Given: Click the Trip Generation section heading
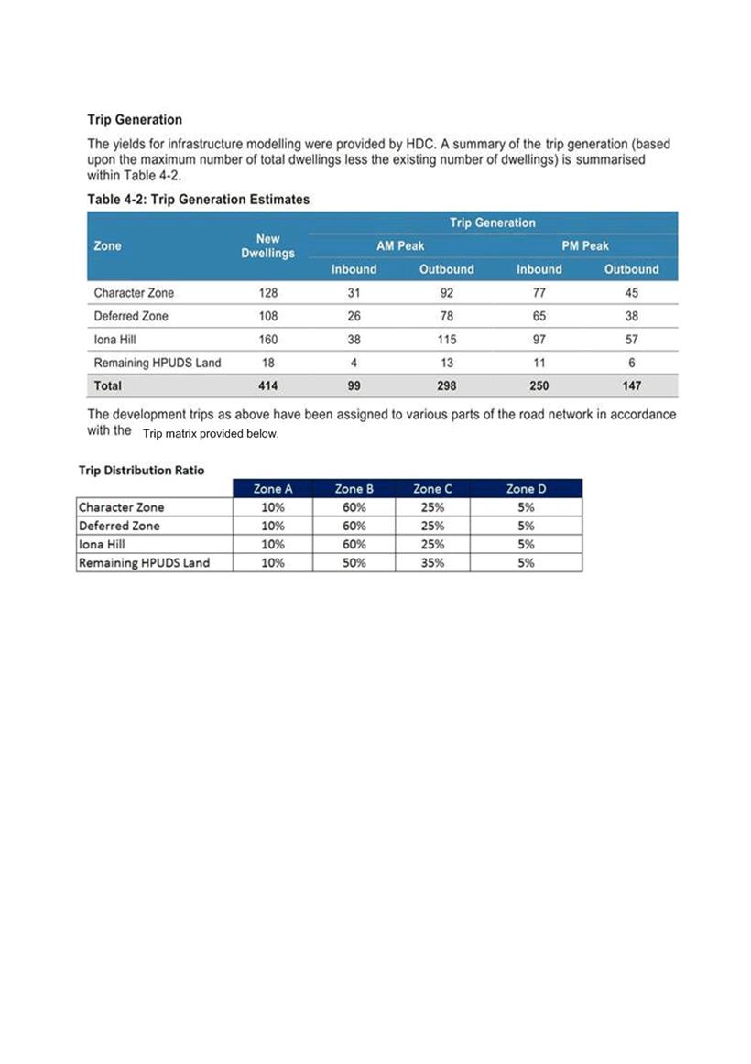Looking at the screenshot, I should [x=135, y=119].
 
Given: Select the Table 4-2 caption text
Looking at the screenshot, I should [x=199, y=199].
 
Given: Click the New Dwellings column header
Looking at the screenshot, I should [x=267, y=245].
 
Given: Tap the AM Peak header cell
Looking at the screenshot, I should [x=400, y=245].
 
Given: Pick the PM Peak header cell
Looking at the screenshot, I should [x=585, y=245].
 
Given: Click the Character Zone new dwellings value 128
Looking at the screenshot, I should [x=267, y=293].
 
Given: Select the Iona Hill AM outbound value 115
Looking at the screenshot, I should [x=447, y=339].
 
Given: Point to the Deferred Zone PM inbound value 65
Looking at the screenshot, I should [x=539, y=316].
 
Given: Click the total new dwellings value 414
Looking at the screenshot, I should [x=267, y=385].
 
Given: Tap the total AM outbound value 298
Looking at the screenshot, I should [x=447, y=385].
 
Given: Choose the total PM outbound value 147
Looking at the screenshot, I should [x=632, y=385].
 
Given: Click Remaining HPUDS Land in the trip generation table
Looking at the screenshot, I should [x=158, y=363].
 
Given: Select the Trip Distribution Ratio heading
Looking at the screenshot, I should [x=140, y=470].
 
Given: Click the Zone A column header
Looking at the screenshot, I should [x=272, y=488].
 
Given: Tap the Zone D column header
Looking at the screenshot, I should [x=526, y=488].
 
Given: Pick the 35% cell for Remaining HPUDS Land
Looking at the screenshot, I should [x=432, y=563].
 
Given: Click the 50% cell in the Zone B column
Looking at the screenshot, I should [x=354, y=563].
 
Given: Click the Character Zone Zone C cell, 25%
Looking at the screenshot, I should [x=432, y=507].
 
